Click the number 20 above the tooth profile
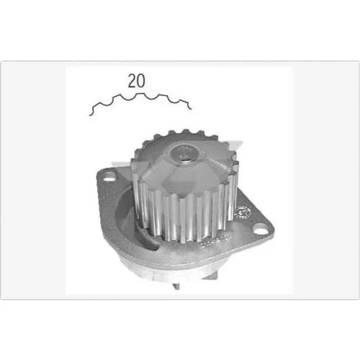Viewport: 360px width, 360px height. (136, 81)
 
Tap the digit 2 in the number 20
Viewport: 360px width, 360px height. (132, 81)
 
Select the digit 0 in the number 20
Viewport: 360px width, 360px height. (141, 81)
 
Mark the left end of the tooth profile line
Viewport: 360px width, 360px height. (90, 116)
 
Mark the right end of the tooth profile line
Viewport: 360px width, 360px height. (191, 109)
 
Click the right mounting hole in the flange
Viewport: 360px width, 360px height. (261, 228)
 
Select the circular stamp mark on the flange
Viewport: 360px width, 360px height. (243, 212)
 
